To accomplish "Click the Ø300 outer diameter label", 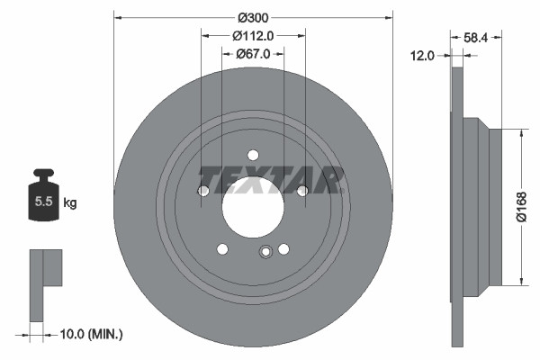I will (x=254, y=15).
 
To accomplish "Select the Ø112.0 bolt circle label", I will (x=253, y=36).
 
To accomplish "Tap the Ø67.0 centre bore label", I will (x=253, y=55).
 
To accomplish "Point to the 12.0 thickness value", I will (x=422, y=56).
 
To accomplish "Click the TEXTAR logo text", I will (x=269, y=180).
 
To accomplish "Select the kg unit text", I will (x=69, y=203).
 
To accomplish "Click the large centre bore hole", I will (x=253, y=202).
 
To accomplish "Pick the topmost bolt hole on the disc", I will (x=253, y=154).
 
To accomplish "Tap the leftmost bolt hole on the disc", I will (x=203, y=191).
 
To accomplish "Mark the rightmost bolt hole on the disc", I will (x=302, y=190).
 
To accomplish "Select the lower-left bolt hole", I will (x=222, y=249).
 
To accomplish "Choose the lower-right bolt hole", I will (x=283, y=249).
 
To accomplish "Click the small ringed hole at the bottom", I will (x=265, y=252).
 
